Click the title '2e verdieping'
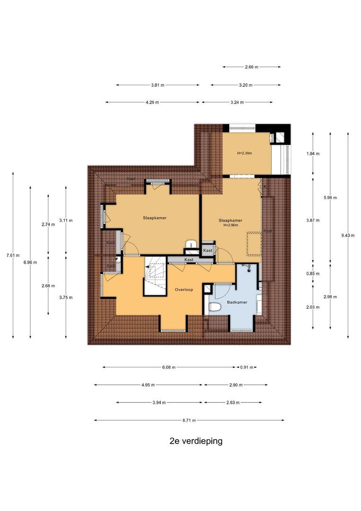(x=196, y=441)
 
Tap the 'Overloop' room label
(x=183, y=289)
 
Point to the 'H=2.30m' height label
(x=245, y=153)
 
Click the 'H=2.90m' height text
(x=231, y=226)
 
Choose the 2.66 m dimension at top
(x=251, y=67)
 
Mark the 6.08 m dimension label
(x=169, y=367)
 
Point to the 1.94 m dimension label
(x=313, y=154)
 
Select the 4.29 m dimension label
(x=152, y=102)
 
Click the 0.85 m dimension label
(x=313, y=273)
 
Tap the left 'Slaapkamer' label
(x=155, y=218)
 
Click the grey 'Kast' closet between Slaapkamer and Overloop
(x=189, y=260)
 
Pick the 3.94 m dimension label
(x=159, y=403)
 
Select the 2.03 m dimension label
(x=313, y=307)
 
